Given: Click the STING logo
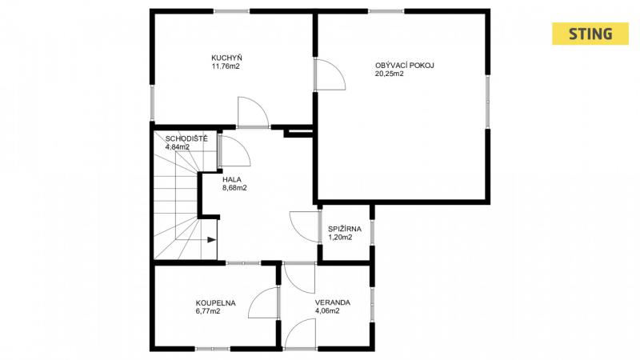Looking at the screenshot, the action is (x=590, y=34).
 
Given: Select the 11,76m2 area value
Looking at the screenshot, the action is (x=226, y=66).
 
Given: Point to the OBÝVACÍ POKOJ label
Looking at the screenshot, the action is (x=405, y=66).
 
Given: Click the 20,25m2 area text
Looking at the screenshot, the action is (x=390, y=74).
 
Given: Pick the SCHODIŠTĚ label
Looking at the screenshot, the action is (x=186, y=138).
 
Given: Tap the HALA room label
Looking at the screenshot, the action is (x=232, y=179).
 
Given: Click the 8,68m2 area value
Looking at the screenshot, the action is (x=234, y=188).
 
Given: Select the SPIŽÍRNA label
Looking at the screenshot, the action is (x=345, y=229).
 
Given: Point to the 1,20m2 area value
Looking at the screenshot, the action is (x=340, y=238).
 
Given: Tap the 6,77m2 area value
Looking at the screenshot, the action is (x=208, y=311).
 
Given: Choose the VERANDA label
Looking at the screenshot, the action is (x=332, y=303).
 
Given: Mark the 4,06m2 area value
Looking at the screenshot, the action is (x=327, y=311).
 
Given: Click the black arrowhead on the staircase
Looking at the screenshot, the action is (x=211, y=239).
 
